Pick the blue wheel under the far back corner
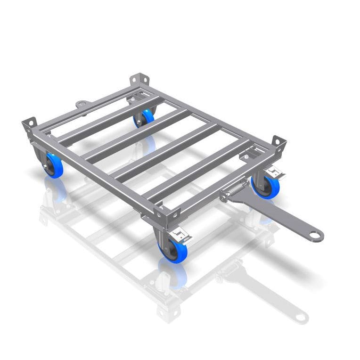pos(145,117)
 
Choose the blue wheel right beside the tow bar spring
pos(267,187)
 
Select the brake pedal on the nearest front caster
pos(180,232)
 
